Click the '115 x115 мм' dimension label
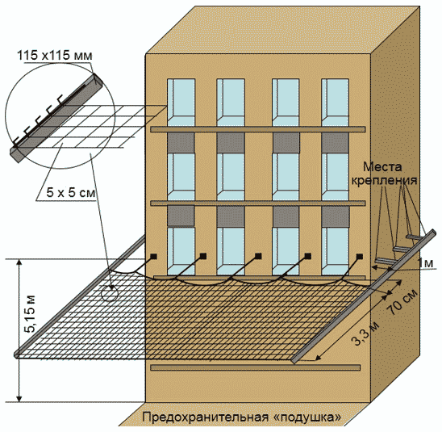[x=55, y=55]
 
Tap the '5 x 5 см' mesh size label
[x=71, y=193]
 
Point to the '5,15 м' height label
[x=31, y=314]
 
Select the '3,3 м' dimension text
[x=365, y=333]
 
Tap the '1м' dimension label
[x=426, y=263]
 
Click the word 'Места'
[x=382, y=167]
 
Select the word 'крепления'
[x=385, y=181]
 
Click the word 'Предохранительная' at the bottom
[x=205, y=417]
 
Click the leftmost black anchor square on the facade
[x=153, y=256]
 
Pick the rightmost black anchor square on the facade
[x=360, y=256]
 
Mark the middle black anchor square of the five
[x=258, y=256]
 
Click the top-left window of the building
[x=181, y=102]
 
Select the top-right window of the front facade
[x=336, y=102]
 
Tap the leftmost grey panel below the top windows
[x=181, y=142]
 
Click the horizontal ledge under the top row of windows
[x=257, y=129]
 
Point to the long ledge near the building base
[x=256, y=367]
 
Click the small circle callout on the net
[x=110, y=292]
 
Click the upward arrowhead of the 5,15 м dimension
[x=19, y=262]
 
